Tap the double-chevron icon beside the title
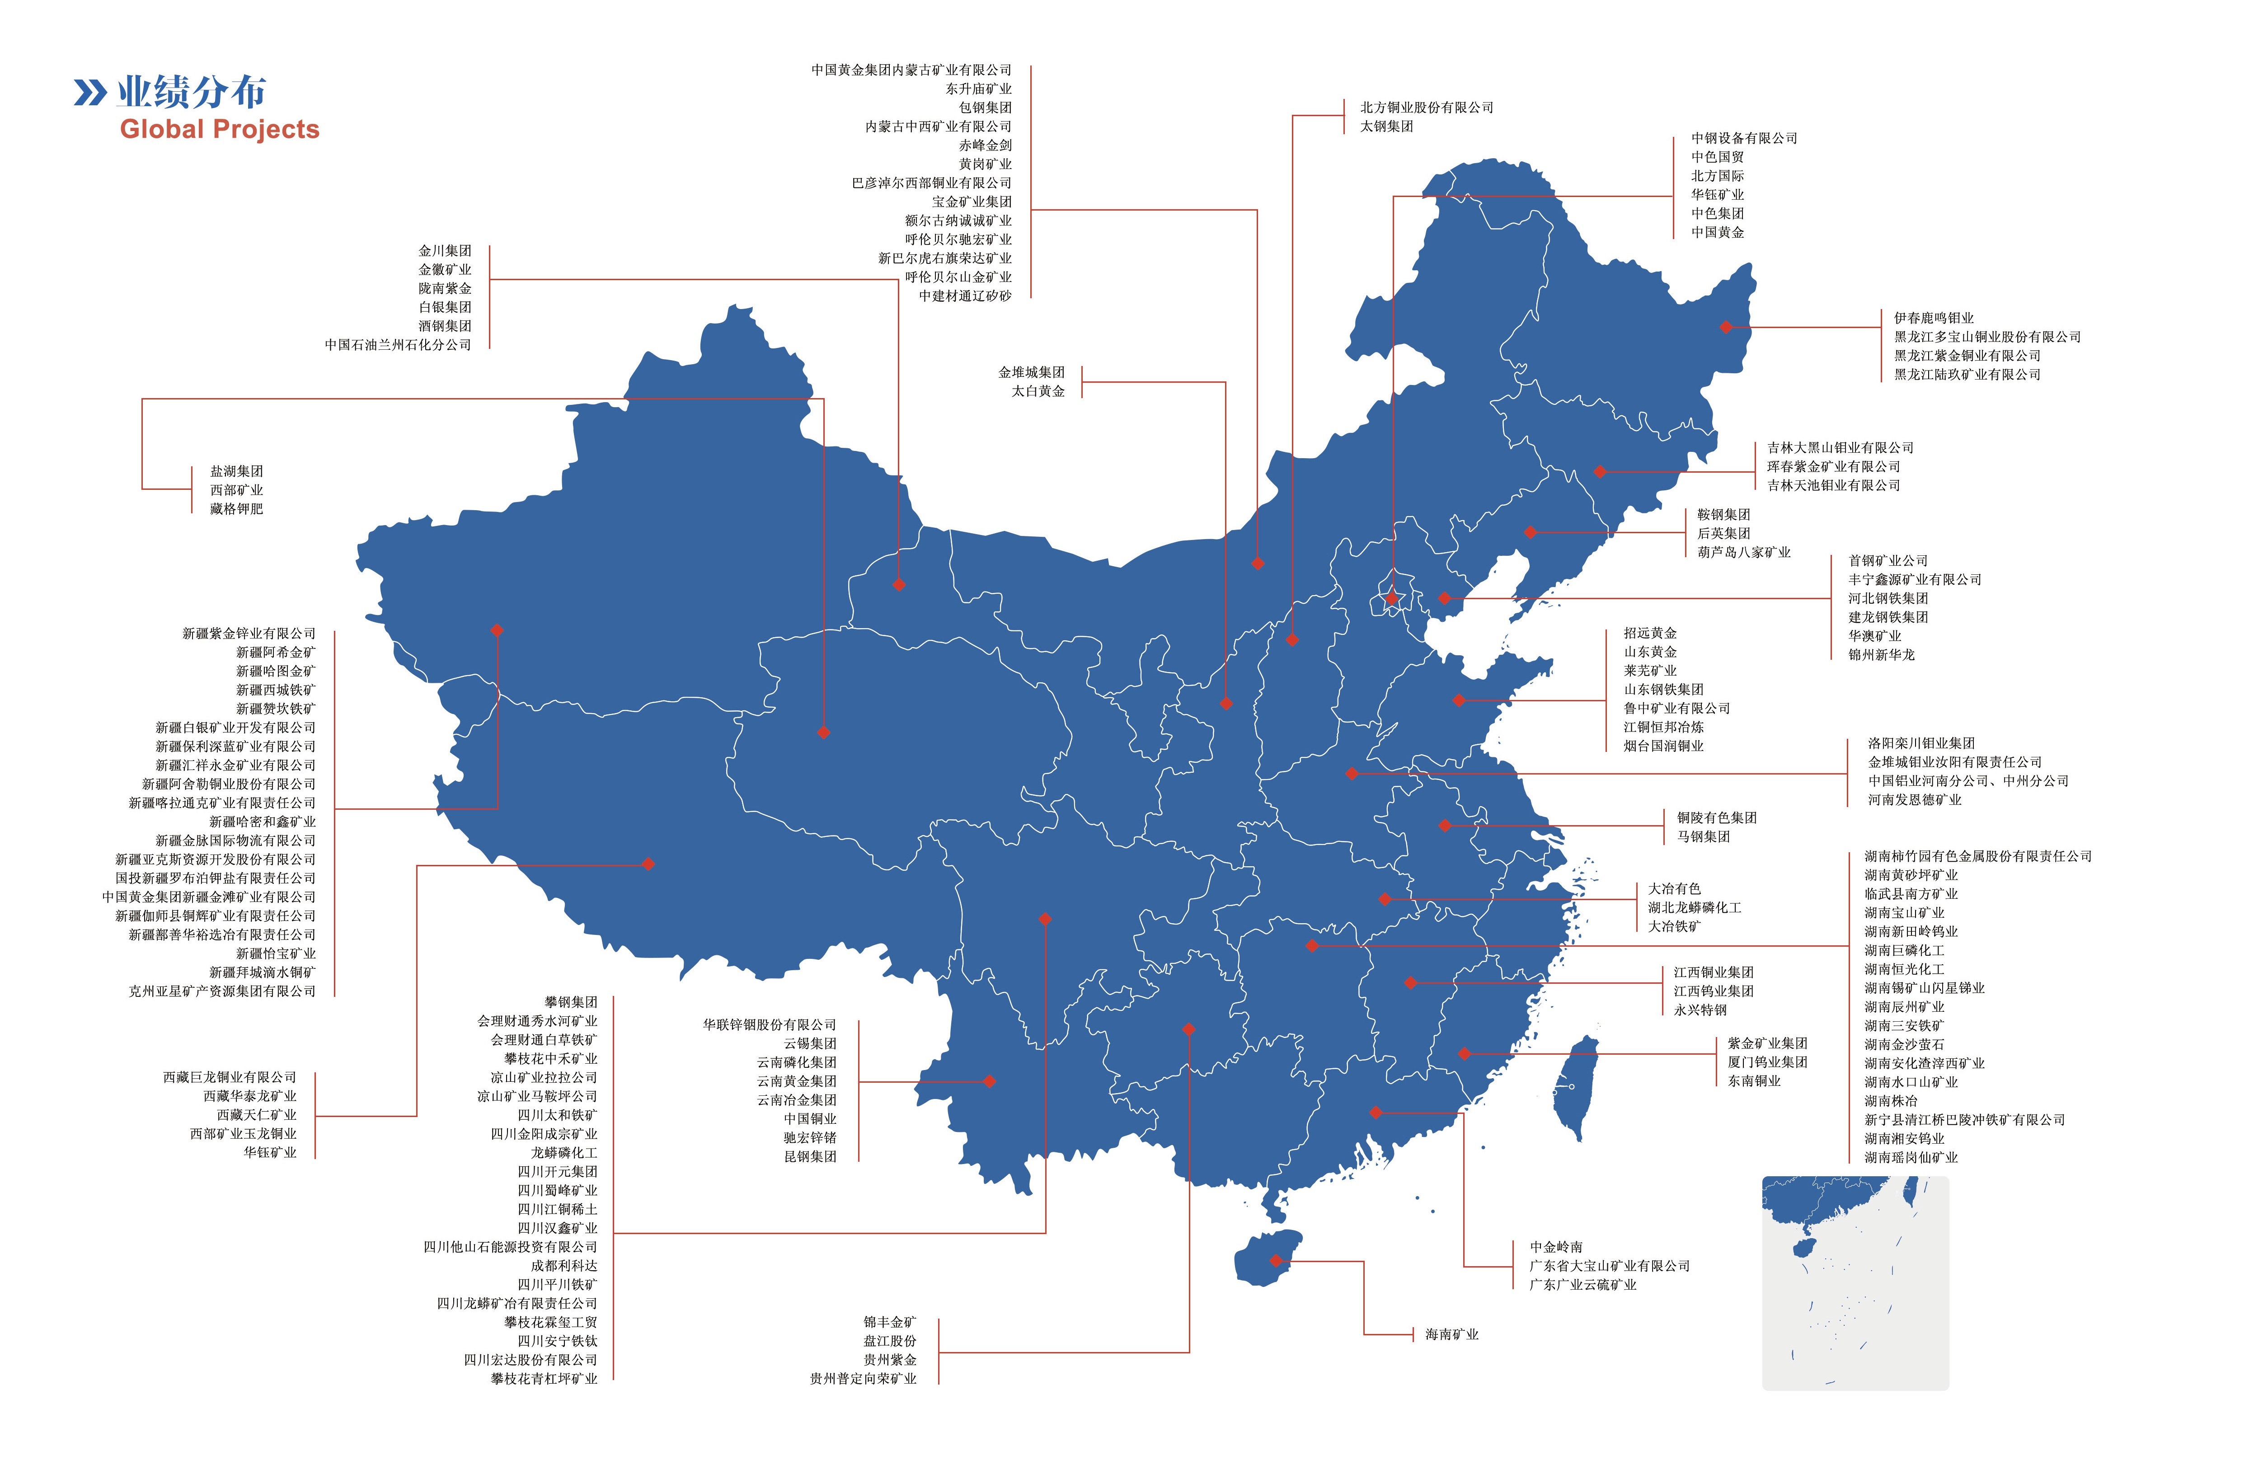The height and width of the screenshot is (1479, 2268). [x=90, y=93]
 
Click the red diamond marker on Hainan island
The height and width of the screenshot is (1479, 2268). [x=1276, y=1261]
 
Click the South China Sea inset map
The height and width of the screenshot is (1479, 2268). [x=1855, y=1282]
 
